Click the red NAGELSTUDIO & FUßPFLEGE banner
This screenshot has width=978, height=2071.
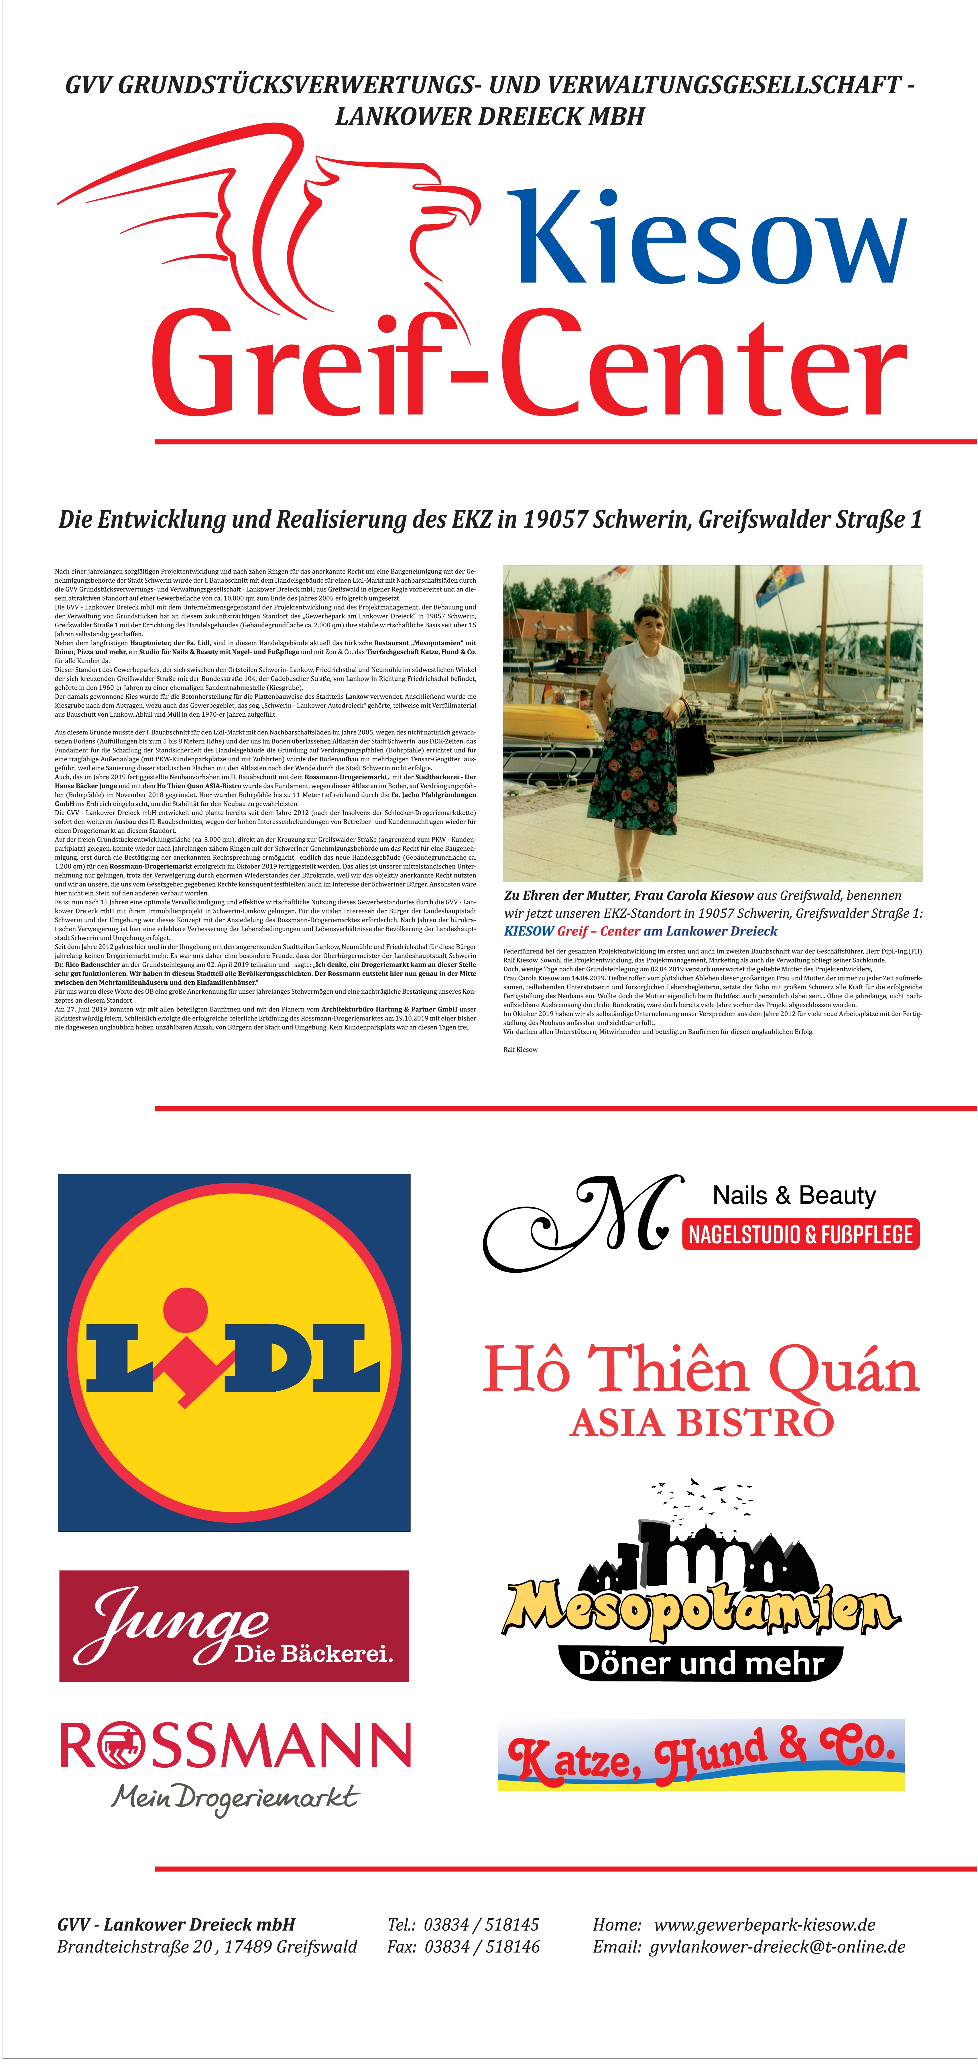(x=800, y=1234)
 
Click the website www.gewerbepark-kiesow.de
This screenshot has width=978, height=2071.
(x=763, y=1925)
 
